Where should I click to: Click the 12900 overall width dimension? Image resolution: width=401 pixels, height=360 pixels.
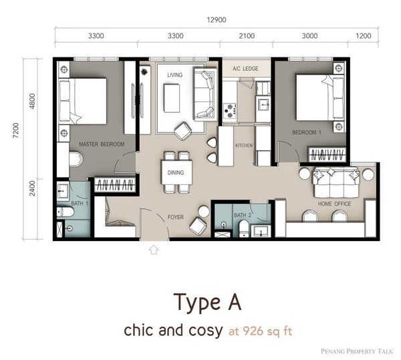coord(217,20)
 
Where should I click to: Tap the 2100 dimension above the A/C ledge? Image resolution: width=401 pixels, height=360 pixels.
coord(247,36)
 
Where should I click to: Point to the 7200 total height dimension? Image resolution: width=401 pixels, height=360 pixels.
coord(16,130)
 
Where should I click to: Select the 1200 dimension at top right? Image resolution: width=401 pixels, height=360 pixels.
coord(363,36)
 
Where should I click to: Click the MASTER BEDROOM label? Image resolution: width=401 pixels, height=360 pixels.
coord(102,144)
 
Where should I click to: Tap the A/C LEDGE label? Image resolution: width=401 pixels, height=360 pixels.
coord(245,69)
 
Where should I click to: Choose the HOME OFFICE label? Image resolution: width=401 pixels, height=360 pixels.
coord(334,204)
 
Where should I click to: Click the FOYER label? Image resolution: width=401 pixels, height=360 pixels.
coord(175,217)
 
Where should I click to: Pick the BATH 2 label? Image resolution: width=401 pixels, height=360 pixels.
coord(243,215)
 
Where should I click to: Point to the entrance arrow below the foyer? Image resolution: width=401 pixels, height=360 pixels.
coord(154,250)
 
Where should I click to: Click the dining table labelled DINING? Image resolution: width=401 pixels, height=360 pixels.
coord(176,172)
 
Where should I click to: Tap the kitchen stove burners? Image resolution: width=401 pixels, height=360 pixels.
coord(230,111)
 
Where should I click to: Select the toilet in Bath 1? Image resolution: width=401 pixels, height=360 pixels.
coord(65,212)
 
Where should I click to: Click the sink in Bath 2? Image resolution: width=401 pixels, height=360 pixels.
coord(261,231)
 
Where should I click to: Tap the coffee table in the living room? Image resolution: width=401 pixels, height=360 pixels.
coord(171,98)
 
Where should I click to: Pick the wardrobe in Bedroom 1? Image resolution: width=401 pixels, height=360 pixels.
coord(327,154)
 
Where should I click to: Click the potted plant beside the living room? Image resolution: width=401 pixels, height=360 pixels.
coord(144,71)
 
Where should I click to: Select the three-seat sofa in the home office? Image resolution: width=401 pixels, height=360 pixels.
coord(336,182)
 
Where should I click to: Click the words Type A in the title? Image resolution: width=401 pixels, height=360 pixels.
coord(207,303)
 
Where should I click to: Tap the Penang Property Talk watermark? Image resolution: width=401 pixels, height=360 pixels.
coord(357,351)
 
